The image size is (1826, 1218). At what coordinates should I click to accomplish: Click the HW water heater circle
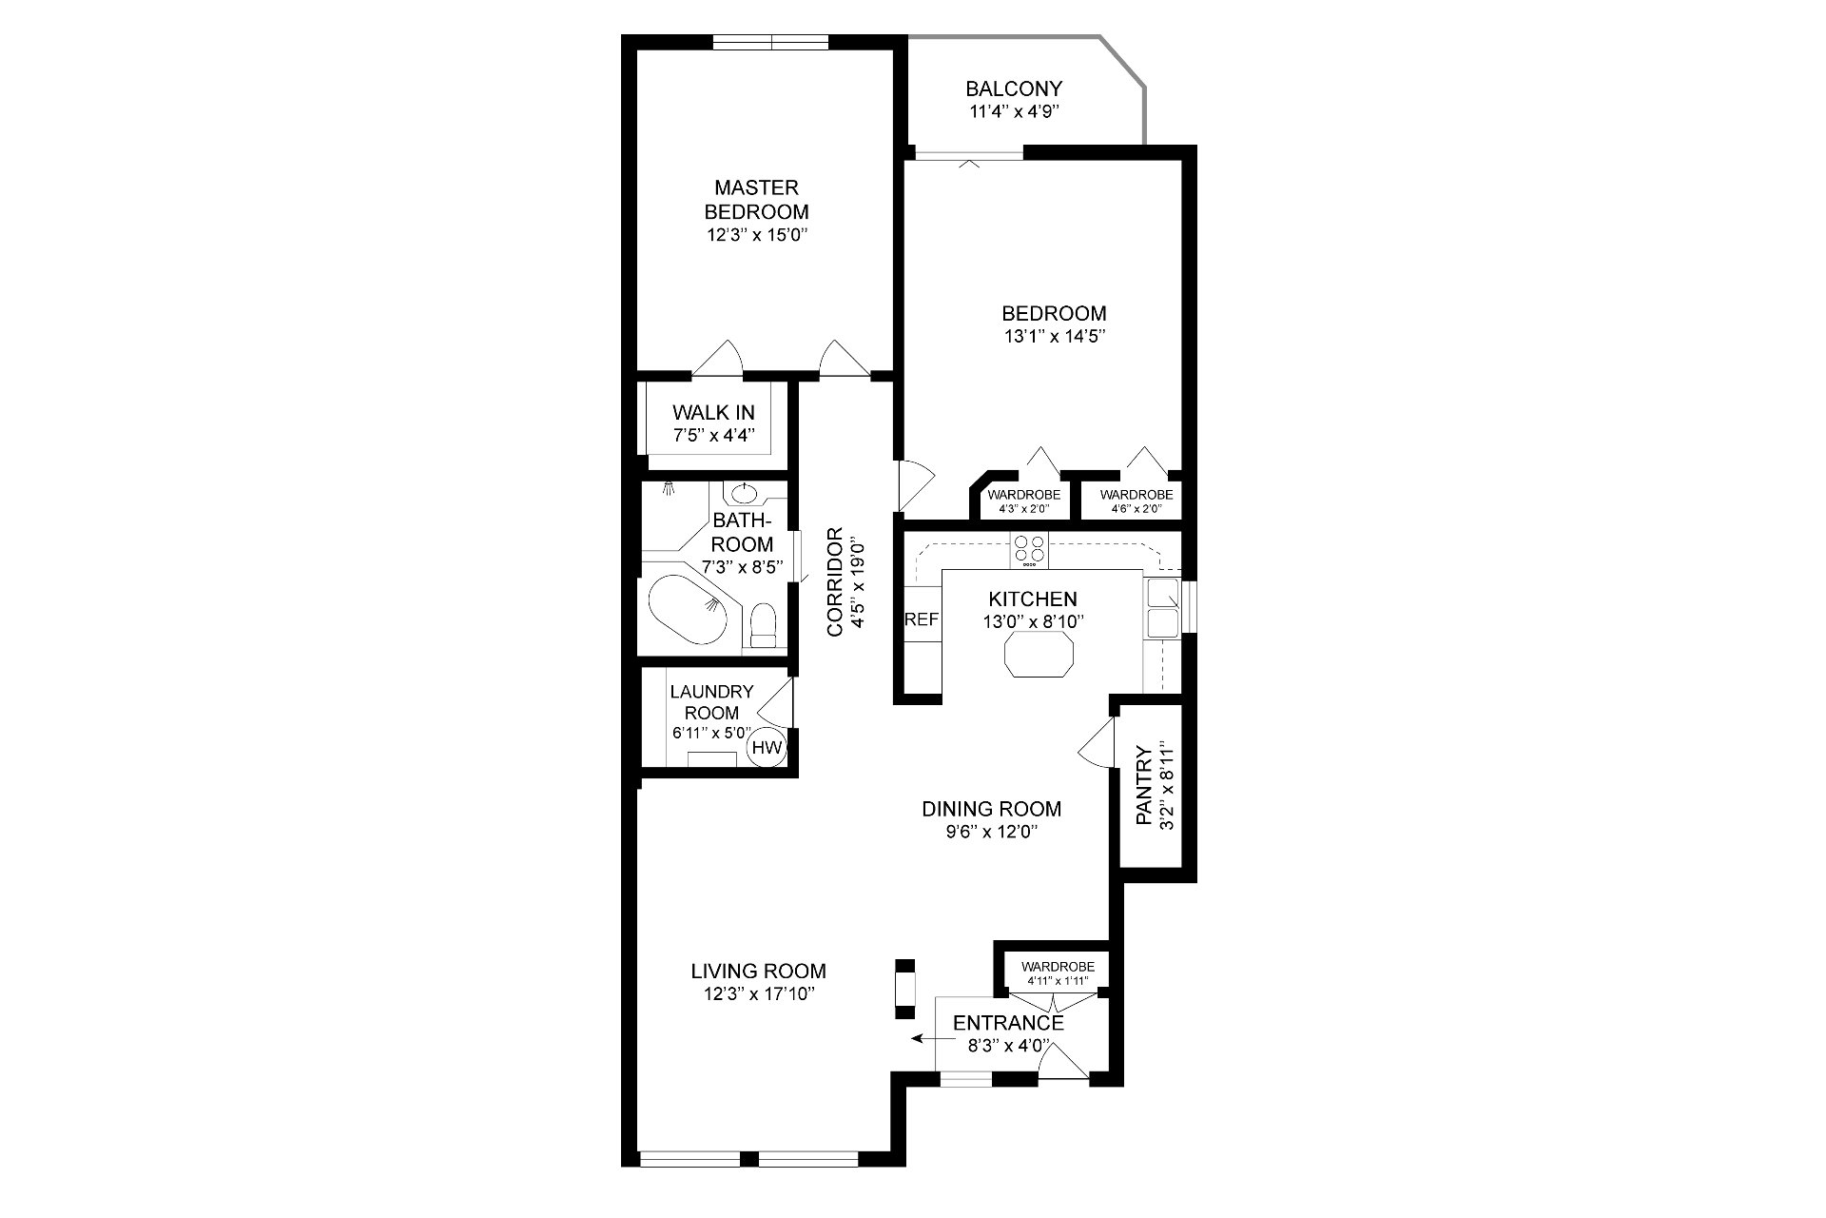[x=767, y=748]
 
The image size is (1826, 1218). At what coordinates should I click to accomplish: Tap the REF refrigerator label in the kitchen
[x=922, y=619]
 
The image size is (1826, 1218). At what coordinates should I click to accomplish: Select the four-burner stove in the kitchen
[x=1028, y=549]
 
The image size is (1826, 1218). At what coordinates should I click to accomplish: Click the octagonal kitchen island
[x=1039, y=652]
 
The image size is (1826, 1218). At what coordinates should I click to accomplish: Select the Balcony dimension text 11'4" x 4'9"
[x=1013, y=111]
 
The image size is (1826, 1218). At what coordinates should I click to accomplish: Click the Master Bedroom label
[x=757, y=199]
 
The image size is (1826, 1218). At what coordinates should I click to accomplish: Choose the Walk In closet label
[x=713, y=412]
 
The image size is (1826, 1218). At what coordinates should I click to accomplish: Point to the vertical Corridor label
[x=835, y=581]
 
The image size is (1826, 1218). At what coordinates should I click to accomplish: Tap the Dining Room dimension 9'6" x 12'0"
[x=991, y=832]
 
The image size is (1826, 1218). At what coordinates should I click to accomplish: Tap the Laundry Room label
[x=711, y=702]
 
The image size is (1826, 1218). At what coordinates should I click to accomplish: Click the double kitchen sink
[x=1162, y=608]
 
